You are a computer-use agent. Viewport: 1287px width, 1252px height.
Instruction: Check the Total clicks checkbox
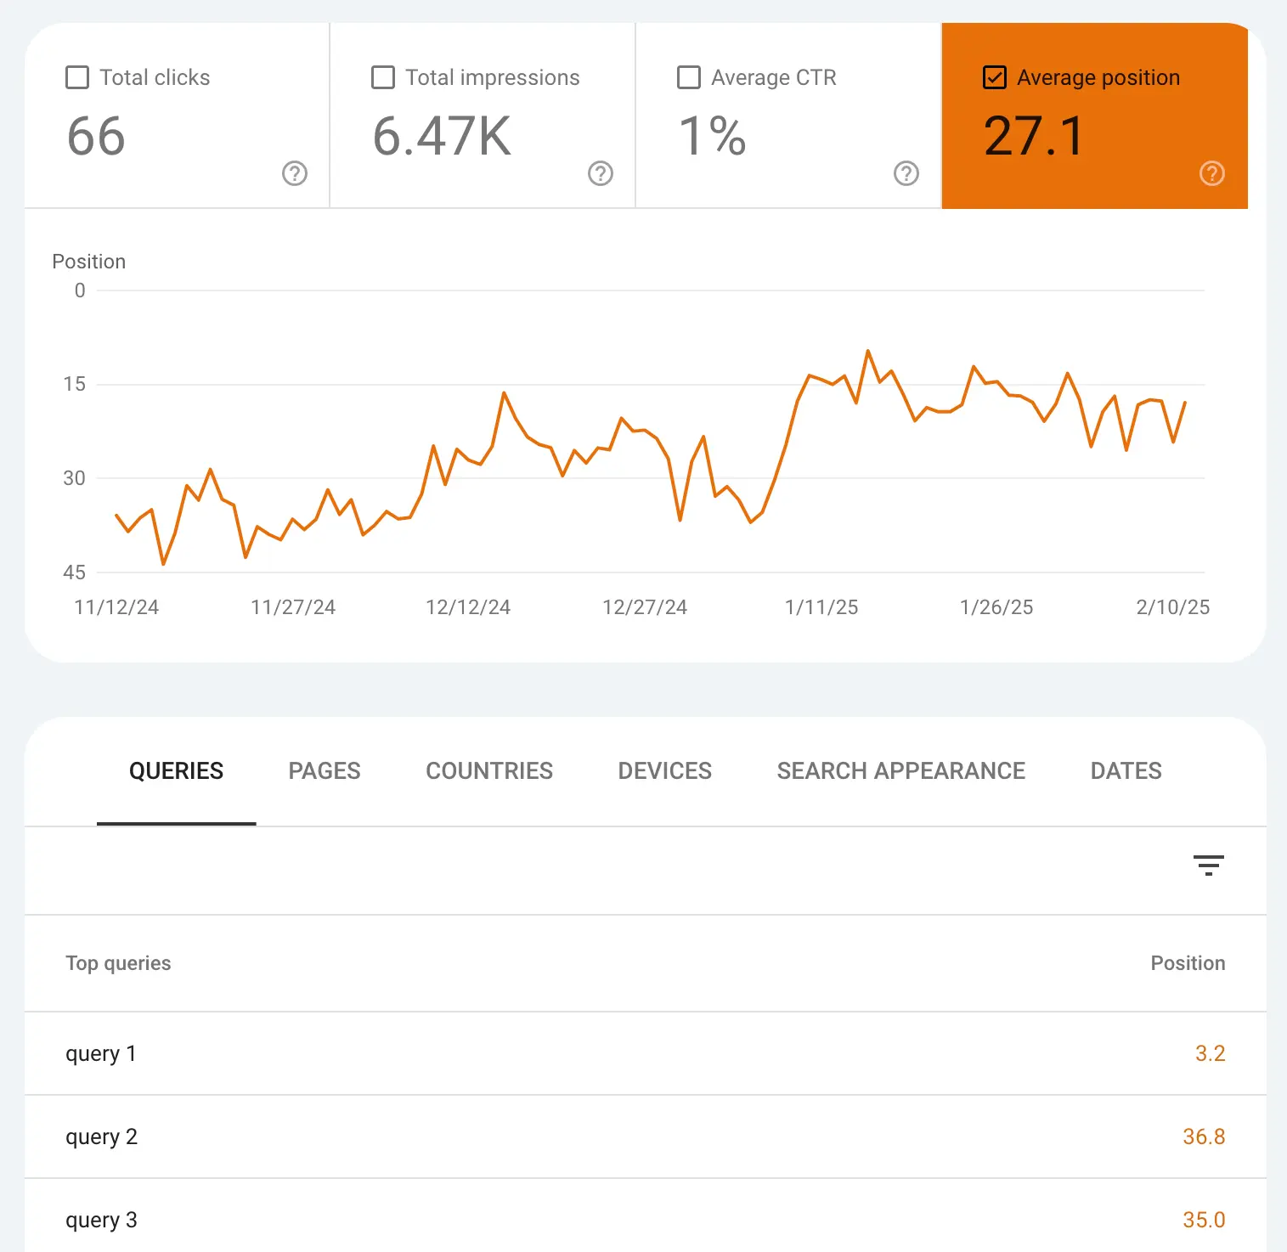[77, 77]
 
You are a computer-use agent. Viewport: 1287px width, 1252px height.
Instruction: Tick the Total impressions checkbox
[383, 77]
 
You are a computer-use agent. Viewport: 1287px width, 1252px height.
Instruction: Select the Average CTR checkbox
[689, 77]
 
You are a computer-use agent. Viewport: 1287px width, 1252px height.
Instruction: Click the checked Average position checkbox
[995, 77]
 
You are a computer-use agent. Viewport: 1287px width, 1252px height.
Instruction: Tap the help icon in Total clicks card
[295, 173]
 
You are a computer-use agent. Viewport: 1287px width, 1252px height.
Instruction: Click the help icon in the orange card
[1212, 173]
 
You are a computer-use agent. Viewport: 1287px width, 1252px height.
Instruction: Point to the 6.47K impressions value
[442, 137]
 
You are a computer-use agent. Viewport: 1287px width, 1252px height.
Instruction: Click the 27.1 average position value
[1034, 137]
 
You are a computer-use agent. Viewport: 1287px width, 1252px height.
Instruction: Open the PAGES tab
[325, 770]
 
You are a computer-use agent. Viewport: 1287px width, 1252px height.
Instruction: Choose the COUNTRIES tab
[489, 770]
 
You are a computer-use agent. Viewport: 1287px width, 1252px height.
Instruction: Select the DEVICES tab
[665, 770]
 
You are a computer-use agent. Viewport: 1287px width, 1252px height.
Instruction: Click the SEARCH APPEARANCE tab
[901, 770]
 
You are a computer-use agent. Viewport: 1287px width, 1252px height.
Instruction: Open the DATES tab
[1126, 770]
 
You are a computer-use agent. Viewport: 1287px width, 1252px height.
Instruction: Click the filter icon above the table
[1208, 866]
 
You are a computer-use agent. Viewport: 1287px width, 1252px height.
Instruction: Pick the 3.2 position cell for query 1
[1210, 1053]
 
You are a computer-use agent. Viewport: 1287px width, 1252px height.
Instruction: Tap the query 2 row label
[102, 1136]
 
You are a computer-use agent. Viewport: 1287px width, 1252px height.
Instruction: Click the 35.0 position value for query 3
[1204, 1220]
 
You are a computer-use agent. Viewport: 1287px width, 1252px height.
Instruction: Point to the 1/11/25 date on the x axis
[821, 607]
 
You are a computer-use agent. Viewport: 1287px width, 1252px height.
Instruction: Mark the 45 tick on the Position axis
[75, 572]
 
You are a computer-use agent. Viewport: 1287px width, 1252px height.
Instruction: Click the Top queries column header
[119, 963]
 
